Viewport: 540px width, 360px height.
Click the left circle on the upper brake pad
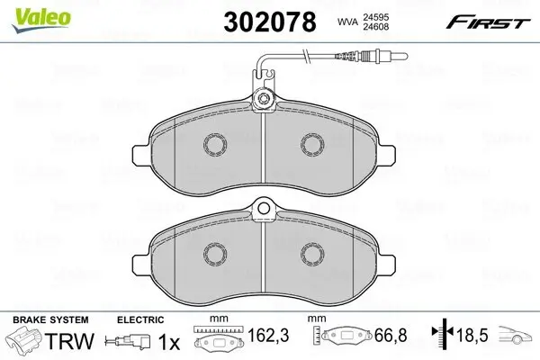click(215, 144)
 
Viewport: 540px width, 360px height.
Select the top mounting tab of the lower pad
click(264, 211)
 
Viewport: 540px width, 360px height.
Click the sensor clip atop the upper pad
click(264, 100)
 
